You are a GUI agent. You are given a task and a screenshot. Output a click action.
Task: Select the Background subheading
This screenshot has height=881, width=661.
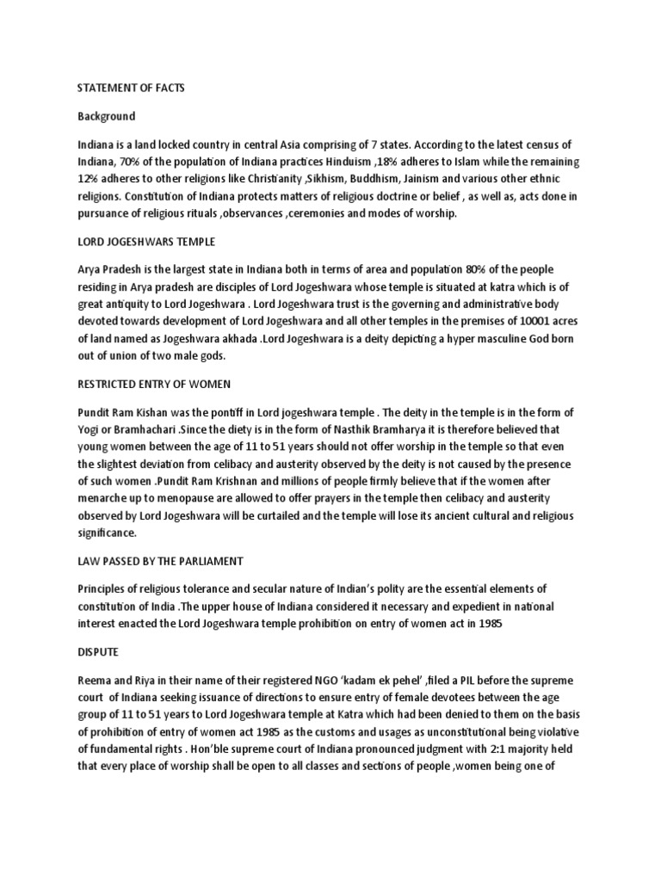(x=107, y=116)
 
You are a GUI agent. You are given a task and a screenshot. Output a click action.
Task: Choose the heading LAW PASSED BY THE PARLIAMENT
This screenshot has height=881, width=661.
(x=160, y=561)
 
